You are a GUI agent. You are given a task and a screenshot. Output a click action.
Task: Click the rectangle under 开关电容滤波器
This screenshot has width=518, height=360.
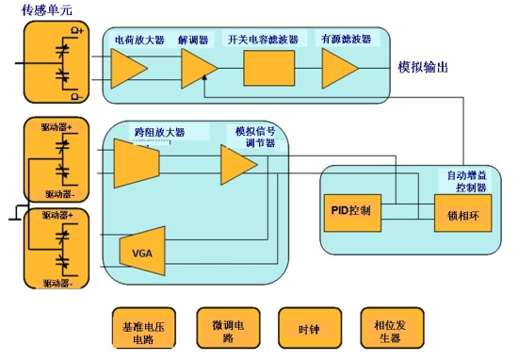coord(268,68)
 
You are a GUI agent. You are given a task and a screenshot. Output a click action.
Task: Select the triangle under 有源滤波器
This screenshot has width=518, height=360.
coord(339,68)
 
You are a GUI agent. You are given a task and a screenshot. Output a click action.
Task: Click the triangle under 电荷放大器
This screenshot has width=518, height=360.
coord(129,68)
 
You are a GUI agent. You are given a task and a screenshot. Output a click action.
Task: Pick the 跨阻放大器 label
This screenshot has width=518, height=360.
coord(160,132)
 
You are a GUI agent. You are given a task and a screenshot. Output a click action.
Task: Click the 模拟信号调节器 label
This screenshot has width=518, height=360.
coord(255,137)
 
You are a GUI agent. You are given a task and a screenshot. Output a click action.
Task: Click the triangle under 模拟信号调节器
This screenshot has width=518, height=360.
coord(238,167)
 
